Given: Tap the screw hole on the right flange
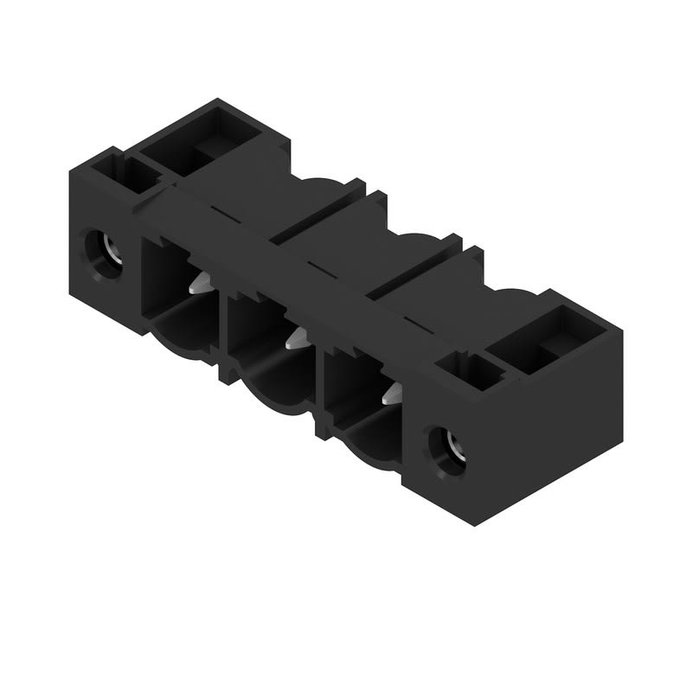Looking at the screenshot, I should (446, 450).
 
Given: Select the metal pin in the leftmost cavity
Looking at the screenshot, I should (200, 282).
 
